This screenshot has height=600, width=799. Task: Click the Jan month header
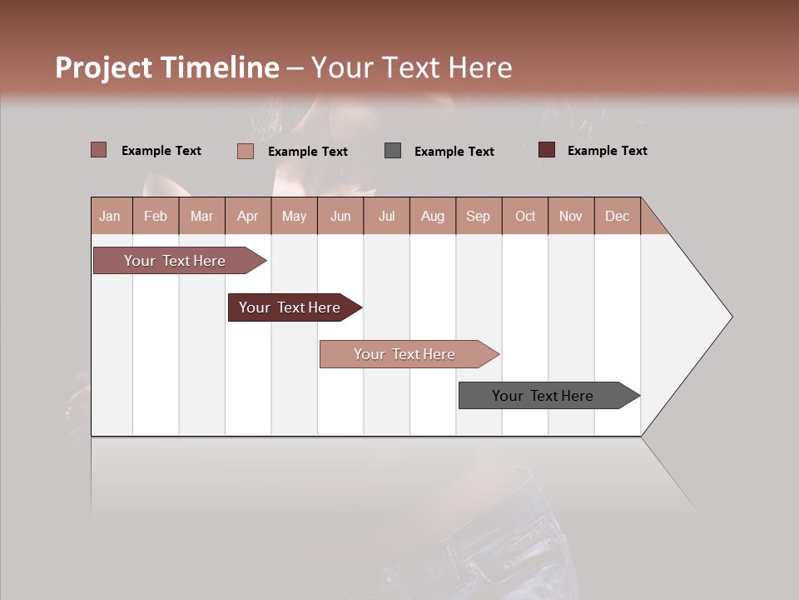[110, 216]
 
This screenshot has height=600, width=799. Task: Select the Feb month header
[156, 216]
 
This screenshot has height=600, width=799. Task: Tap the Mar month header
[201, 216]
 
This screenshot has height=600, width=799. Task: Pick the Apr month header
[248, 216]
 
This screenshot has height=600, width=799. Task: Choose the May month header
[294, 216]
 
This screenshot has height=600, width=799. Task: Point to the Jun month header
[340, 216]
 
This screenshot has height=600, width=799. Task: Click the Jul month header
[386, 216]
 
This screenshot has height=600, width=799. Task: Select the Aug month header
[433, 216]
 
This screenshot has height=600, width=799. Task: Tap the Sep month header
[479, 216]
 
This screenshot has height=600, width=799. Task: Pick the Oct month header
[525, 216]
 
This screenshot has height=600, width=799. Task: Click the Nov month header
[571, 216]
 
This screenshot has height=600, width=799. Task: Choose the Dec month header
[617, 216]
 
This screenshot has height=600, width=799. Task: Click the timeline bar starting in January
[176, 261]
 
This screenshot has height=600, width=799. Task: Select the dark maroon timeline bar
[290, 307]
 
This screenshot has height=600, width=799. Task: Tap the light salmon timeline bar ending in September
[405, 354]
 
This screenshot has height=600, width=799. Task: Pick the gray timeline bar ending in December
[543, 396]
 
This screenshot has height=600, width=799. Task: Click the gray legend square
[393, 151]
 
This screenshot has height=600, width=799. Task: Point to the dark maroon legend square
[546, 150]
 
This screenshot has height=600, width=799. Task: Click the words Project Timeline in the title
[167, 67]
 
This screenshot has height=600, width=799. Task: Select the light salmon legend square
[246, 151]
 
